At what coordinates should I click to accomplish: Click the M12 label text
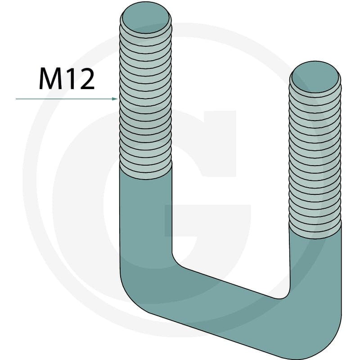click(67, 79)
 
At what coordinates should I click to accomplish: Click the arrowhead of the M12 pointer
click(115, 99)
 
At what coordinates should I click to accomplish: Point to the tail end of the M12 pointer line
click(16, 99)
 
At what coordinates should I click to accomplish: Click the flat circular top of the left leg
click(145, 18)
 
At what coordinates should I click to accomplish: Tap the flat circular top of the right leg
click(315, 77)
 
